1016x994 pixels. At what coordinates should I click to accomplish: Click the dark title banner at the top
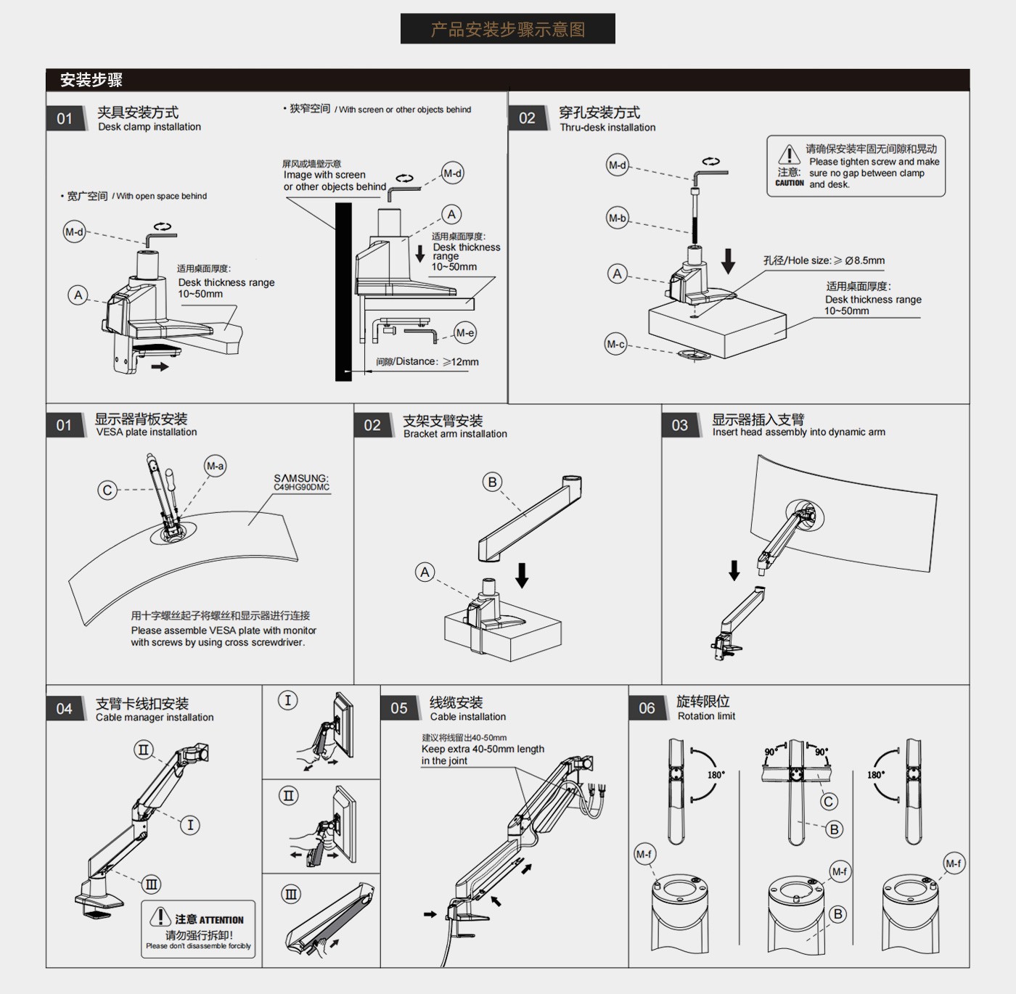507,29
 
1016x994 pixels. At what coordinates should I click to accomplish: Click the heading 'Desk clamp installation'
149,127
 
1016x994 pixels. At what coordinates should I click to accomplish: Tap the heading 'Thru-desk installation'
607,128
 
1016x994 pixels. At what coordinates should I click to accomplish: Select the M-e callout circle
465,333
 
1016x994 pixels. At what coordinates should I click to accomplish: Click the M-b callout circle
618,218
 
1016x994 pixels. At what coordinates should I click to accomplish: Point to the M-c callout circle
616,344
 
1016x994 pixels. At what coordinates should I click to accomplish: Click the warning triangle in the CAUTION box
789,155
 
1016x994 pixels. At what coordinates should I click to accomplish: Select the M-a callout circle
215,466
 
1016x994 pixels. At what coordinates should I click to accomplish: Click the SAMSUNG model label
301,482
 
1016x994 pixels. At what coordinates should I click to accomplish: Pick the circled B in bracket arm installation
493,482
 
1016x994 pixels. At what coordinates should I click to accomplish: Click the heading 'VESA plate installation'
147,432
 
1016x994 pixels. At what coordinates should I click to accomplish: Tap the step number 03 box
680,425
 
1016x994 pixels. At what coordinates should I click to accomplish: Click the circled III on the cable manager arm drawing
152,884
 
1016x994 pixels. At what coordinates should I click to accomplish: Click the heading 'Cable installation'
468,717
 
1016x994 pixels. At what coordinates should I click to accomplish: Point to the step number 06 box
647,708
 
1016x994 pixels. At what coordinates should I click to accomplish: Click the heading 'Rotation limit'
706,716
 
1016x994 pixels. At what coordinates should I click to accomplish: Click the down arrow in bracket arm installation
522,575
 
